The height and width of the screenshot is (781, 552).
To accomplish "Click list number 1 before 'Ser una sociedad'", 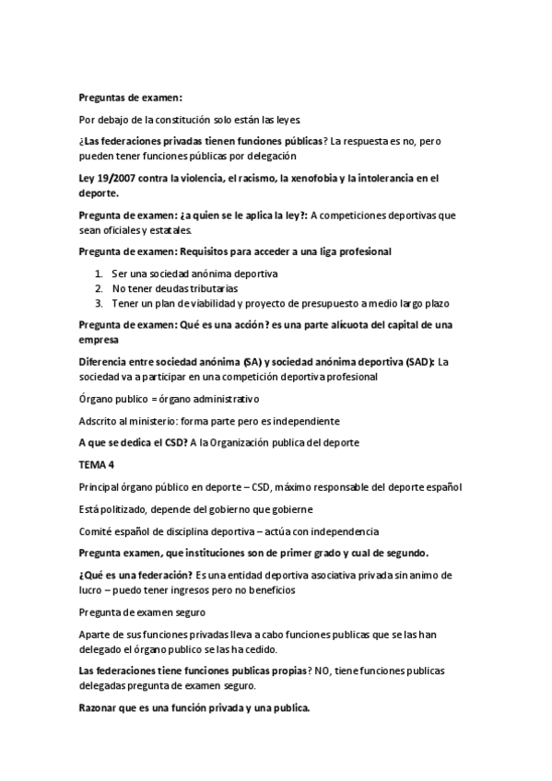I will click(x=99, y=274).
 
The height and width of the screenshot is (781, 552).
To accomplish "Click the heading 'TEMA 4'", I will click(x=94, y=465).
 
